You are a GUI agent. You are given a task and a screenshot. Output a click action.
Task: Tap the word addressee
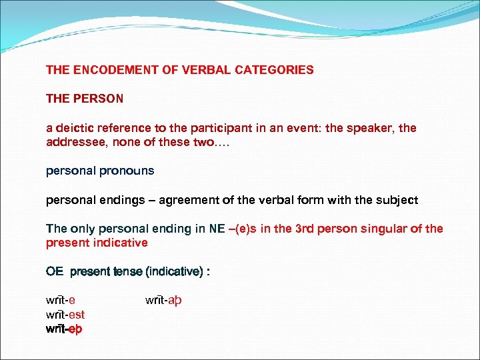coord(73,142)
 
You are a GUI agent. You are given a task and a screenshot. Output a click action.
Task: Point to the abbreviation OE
coord(55,271)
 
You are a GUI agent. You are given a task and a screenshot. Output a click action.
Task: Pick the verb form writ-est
coord(65,315)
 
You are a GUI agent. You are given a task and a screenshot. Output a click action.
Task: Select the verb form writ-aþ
coord(163,301)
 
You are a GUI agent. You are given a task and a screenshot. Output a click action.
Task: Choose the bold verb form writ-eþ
coord(64,329)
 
